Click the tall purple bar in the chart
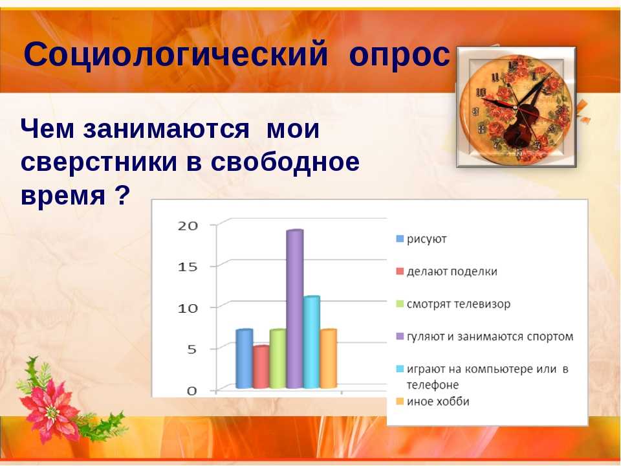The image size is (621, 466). pos(295,309)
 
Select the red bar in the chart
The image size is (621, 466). pos(261,367)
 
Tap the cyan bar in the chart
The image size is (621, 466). pos(312,342)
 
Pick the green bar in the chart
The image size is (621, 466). pos(278,359)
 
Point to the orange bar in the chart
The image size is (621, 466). pos(329,359)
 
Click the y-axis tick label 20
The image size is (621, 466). pos(188,226)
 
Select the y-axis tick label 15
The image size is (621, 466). pos(188,267)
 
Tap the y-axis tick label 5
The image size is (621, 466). pos(191,349)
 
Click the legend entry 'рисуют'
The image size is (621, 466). pos(421,239)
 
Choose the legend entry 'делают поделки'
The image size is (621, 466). pos(447,271)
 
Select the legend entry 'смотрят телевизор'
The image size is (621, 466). pos(453,304)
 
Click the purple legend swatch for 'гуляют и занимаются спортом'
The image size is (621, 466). pos(400,337)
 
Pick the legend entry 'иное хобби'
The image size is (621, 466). pos(433,401)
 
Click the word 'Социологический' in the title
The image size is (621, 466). pos(176,54)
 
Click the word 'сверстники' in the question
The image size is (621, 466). pos(98,162)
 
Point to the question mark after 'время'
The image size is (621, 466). pos(122,195)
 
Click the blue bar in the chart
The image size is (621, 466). pos(244,359)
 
